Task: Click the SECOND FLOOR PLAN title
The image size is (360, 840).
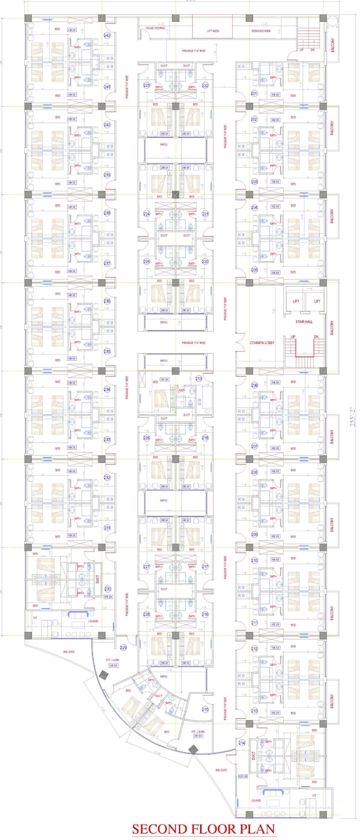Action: [x=204, y=828]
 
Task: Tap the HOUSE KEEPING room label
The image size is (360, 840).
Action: [x=155, y=28]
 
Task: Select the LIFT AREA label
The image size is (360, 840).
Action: [x=213, y=31]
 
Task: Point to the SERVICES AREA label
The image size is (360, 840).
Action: [x=261, y=31]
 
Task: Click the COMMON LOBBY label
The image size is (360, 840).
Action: [x=262, y=343]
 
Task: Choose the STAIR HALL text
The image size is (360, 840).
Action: [x=304, y=321]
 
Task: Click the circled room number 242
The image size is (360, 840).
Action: [x=107, y=36]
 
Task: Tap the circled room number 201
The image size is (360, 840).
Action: [x=254, y=93]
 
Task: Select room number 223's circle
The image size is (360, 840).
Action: [x=147, y=85]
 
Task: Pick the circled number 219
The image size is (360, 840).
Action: [x=199, y=379]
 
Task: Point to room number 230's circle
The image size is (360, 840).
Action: [x=107, y=589]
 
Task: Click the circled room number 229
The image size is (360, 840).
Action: [x=123, y=648]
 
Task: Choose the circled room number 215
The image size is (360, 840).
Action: [x=205, y=710]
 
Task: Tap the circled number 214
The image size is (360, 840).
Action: [x=242, y=743]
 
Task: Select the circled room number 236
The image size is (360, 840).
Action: [x=107, y=301]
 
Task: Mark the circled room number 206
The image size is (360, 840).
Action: [x=255, y=386]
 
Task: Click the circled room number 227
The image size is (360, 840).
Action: [x=147, y=566]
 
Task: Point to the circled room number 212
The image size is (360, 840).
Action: [x=255, y=649]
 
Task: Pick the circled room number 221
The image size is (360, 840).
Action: [x=205, y=214]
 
